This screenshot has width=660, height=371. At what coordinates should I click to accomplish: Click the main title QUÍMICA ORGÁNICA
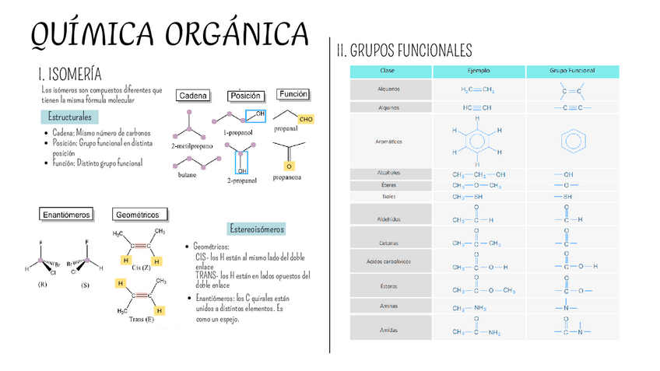click(169, 34)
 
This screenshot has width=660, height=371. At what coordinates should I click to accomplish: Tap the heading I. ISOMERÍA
click(70, 75)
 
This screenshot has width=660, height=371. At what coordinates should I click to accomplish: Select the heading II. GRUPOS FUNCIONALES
click(404, 51)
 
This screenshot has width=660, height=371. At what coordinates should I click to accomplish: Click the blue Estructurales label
click(69, 117)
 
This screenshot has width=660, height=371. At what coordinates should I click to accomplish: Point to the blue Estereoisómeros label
click(257, 229)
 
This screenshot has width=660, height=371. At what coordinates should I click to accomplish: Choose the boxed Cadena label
click(193, 96)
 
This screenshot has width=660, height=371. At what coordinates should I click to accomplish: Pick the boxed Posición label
click(244, 96)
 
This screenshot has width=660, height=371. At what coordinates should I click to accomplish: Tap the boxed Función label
click(293, 94)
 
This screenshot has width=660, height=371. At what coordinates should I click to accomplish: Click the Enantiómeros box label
click(67, 213)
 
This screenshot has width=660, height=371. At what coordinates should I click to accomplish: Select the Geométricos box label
click(140, 214)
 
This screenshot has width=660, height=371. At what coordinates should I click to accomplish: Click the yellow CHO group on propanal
click(306, 120)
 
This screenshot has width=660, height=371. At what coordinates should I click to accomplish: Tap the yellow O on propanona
click(289, 166)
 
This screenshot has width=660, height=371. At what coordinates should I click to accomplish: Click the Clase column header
click(387, 71)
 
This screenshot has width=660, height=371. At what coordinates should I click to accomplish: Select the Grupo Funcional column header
click(572, 71)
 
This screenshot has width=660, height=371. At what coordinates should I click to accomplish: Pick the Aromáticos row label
click(389, 142)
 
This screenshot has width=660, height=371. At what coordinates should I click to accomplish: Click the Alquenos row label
click(389, 89)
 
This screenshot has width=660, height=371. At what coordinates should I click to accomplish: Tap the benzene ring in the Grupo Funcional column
click(572, 141)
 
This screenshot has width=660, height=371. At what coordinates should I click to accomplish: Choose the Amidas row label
click(389, 331)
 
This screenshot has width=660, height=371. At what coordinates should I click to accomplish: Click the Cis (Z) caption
click(142, 268)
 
